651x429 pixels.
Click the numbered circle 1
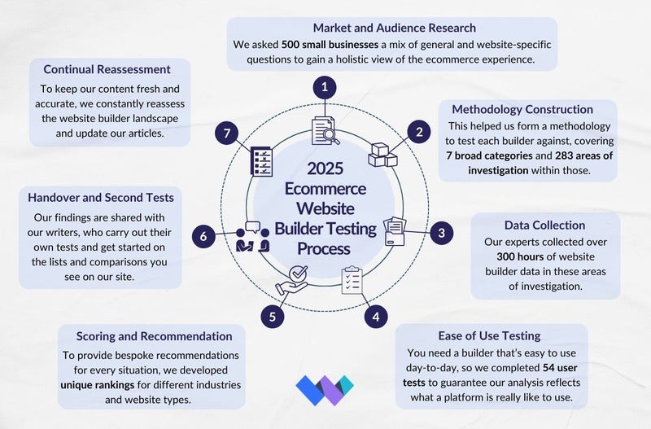click(325, 87)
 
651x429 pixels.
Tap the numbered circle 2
click(419, 131)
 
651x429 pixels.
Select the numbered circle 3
click(441, 233)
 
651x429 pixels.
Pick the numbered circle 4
click(375, 316)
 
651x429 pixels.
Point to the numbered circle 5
click(273, 316)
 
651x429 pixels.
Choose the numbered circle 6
click(205, 236)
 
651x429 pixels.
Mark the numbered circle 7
click(229, 132)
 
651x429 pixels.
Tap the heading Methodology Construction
click(522, 109)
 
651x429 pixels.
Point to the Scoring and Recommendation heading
click(154, 335)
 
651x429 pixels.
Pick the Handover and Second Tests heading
click(100, 197)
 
